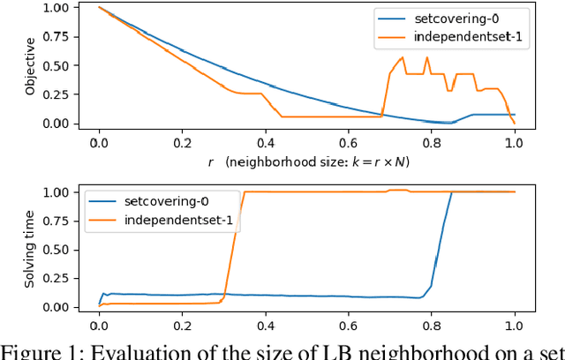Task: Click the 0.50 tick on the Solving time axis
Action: [x=72, y=250]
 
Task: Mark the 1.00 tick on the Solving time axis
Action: [x=72, y=192]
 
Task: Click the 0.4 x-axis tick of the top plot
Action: [x=265, y=141]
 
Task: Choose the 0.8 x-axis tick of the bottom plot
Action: [x=431, y=323]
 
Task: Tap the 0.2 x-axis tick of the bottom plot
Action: [x=182, y=323]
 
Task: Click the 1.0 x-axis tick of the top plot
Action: [x=514, y=141]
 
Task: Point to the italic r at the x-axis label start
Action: [x=211, y=162]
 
